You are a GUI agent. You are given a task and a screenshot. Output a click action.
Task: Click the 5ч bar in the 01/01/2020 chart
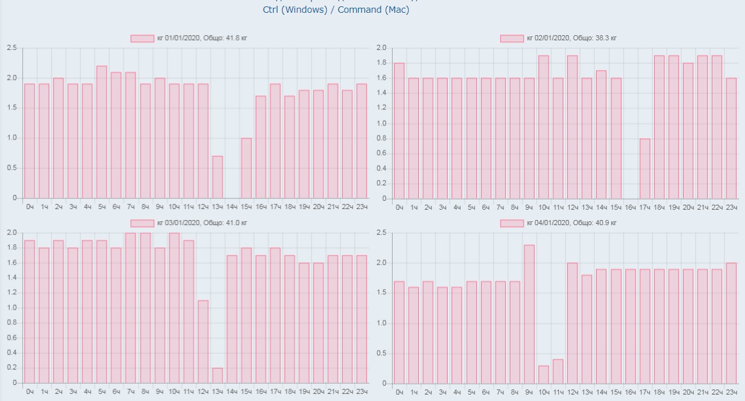(x=102, y=132)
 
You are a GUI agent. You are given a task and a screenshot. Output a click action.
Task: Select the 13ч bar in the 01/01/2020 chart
(x=217, y=177)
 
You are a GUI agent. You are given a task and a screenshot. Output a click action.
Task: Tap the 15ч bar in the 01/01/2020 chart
(x=246, y=168)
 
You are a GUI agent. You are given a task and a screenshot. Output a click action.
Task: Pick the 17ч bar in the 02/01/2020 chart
(x=645, y=169)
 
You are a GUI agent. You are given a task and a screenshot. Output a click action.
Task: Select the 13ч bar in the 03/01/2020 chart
(x=217, y=375)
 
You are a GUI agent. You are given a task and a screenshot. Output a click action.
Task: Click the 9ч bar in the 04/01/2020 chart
(x=529, y=313)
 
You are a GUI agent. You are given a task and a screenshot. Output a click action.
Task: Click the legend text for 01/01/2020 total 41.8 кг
(x=202, y=38)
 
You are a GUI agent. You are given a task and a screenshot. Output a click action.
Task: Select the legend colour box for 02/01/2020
(x=512, y=38)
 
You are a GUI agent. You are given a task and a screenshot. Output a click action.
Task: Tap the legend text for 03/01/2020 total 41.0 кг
(x=202, y=223)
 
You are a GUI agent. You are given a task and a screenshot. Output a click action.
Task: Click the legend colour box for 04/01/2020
(x=512, y=223)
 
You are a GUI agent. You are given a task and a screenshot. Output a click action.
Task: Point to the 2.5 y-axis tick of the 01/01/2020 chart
(x=12, y=48)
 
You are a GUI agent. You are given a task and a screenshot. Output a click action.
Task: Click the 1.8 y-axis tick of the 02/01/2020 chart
(x=381, y=63)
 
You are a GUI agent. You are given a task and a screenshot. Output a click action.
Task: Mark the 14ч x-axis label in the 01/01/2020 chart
(x=231, y=207)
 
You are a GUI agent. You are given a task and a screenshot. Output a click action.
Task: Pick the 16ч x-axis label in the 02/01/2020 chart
(x=630, y=207)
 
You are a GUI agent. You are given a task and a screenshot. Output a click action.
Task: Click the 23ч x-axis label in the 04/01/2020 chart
(x=731, y=391)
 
